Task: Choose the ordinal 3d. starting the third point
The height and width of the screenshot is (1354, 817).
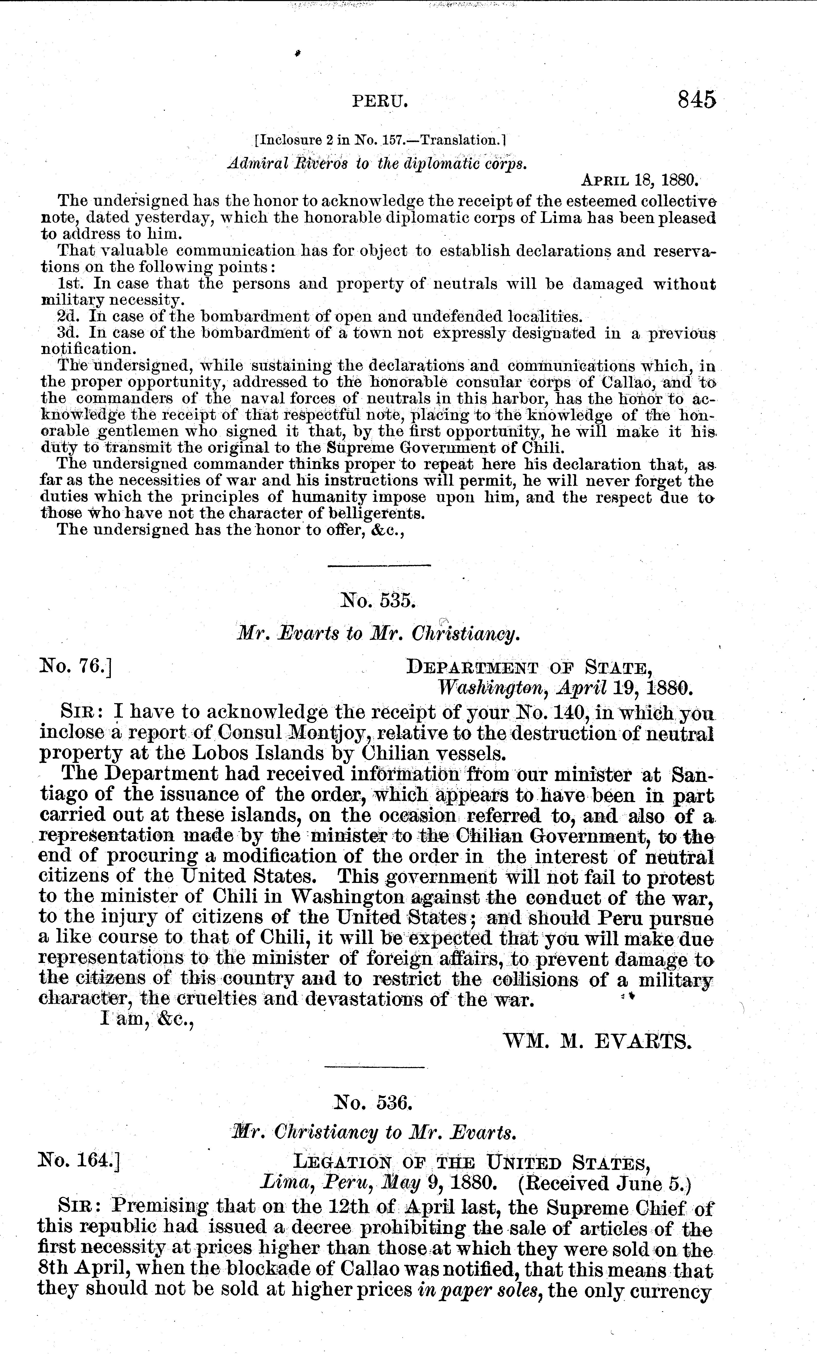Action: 70,333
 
